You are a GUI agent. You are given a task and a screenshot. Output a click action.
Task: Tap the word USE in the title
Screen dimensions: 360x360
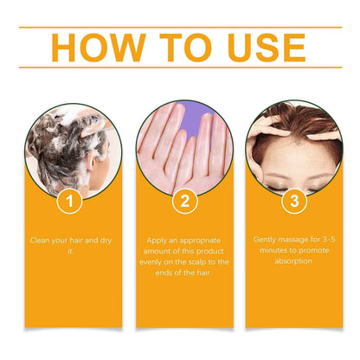click(257, 48)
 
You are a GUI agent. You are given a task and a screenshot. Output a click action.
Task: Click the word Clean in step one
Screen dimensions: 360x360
click(40, 240)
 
